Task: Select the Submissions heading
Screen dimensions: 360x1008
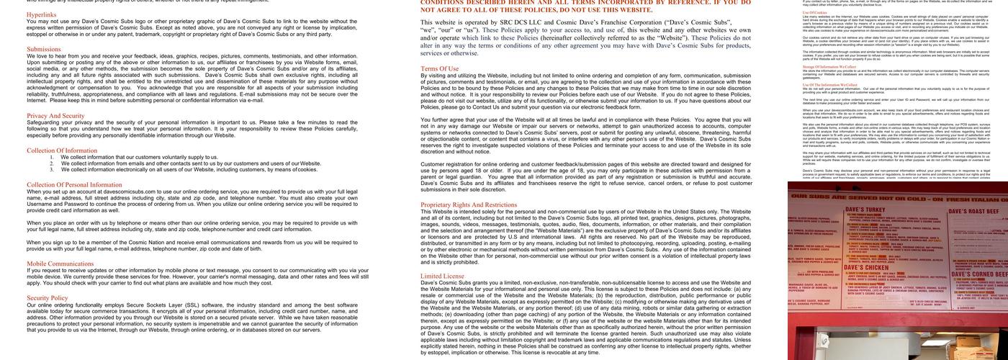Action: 44,49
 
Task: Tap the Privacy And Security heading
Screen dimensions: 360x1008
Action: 55,115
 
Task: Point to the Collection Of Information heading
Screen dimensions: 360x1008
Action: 62,150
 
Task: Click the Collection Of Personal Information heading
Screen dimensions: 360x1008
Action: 74,184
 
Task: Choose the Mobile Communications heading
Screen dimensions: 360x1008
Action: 60,264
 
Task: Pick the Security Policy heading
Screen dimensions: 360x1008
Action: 48,297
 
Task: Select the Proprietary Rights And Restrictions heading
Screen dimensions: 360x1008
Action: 469,204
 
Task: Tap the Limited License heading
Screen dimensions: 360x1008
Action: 442,276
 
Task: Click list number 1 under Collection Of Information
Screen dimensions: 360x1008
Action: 52,157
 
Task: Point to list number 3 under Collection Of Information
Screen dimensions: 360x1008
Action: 52,170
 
